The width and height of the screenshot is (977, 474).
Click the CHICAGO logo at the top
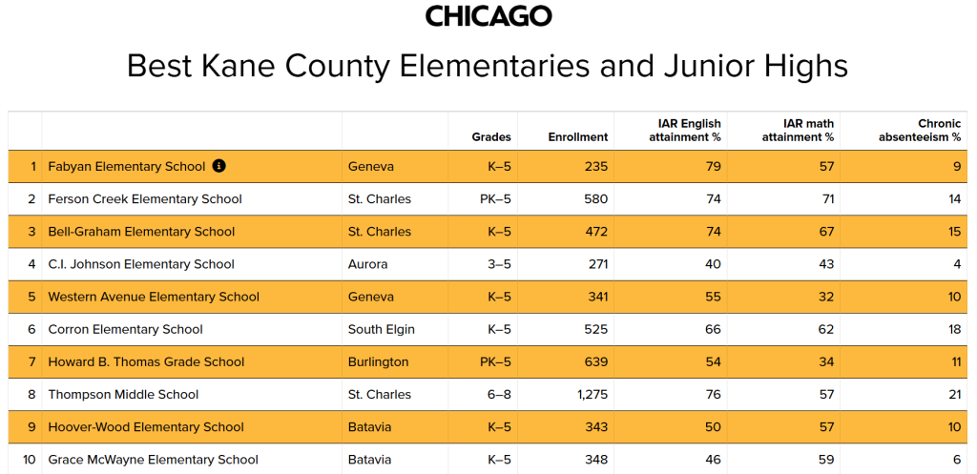click(488, 16)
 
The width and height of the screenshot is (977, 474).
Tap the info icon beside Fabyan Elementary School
click(218, 166)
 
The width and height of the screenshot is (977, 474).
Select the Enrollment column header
click(578, 137)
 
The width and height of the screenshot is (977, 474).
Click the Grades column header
click(491, 137)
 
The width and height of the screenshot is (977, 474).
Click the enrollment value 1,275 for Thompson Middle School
click(590, 394)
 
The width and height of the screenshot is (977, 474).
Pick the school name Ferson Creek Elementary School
click(145, 199)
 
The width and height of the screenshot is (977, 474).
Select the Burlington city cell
click(378, 361)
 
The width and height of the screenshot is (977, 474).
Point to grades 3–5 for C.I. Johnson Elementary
click(500, 264)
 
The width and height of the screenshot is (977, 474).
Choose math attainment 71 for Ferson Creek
click(827, 199)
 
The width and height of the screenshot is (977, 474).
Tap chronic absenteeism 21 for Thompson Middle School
click(953, 394)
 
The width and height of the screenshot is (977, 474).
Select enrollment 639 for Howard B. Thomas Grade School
click(595, 361)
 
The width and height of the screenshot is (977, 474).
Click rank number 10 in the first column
click(29, 460)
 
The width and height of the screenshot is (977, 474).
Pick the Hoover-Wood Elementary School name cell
click(146, 427)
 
